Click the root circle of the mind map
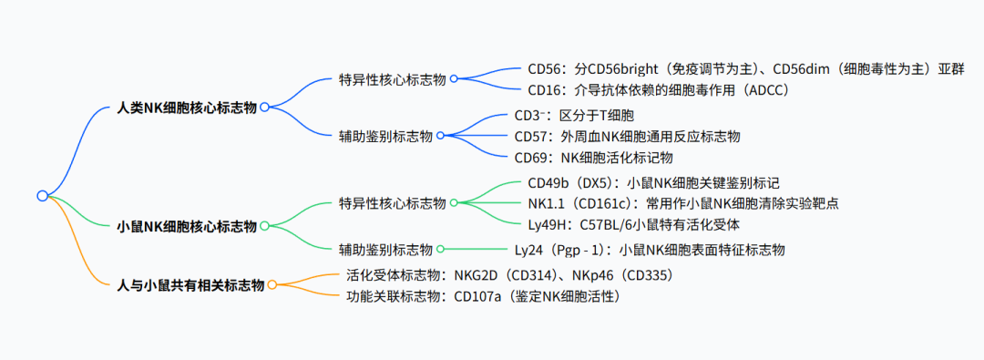click(42, 195)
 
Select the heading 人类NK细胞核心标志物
click(188, 108)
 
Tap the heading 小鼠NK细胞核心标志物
click(188, 226)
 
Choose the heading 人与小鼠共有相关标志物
click(191, 285)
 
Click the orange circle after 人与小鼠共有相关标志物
click(272, 285)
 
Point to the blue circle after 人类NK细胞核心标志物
click(264, 107)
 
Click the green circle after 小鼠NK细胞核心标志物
click(264, 225)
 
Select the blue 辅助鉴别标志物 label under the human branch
click(385, 136)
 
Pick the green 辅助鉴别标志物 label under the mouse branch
click(385, 250)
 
